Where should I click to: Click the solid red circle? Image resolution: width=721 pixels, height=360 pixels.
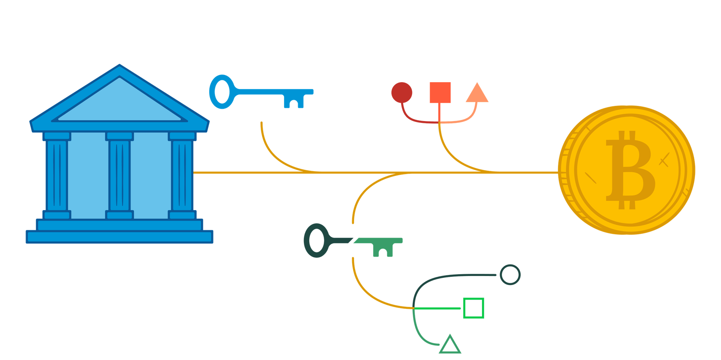pyautogui.click(x=402, y=92)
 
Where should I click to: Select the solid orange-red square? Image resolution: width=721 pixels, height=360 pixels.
pyautogui.click(x=440, y=93)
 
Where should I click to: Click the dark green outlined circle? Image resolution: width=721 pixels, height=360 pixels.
pyautogui.click(x=510, y=275)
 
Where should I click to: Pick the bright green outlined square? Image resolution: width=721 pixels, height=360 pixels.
pyautogui.click(x=473, y=308)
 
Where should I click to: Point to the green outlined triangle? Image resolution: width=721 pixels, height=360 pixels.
pyautogui.click(x=450, y=345)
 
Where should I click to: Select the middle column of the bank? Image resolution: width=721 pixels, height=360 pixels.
pyautogui.click(x=119, y=175)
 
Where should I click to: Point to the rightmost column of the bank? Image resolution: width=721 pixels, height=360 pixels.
pyautogui.click(x=182, y=175)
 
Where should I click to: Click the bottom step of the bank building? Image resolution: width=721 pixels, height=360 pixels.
pyautogui.click(x=119, y=237)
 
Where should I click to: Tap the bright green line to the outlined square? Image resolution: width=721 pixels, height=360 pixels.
pyautogui.click(x=438, y=308)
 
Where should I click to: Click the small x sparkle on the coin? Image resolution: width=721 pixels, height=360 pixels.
pyautogui.click(x=664, y=160)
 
